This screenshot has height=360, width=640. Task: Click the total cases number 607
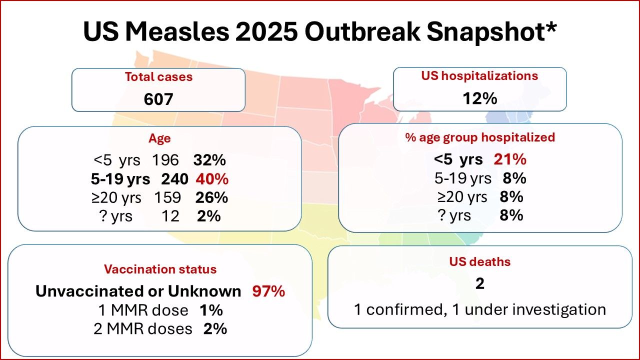tap(158, 99)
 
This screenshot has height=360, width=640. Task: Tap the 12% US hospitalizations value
tap(479, 98)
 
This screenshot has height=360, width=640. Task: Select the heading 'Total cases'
tap(158, 77)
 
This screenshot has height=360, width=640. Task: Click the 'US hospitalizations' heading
tap(479, 76)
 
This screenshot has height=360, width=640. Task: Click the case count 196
tap(165, 160)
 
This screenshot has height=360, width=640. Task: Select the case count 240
tap(174, 179)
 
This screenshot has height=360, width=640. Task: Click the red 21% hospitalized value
tap(510, 159)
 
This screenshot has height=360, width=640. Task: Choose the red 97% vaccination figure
tap(268, 291)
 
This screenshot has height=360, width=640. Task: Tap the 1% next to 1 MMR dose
tap(210, 310)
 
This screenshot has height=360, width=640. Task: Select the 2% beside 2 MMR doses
tap(215, 328)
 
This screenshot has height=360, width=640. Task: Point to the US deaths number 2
tap(479, 283)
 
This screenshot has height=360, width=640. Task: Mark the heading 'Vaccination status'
tap(160, 269)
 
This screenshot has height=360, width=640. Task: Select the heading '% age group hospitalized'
tap(480, 137)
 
